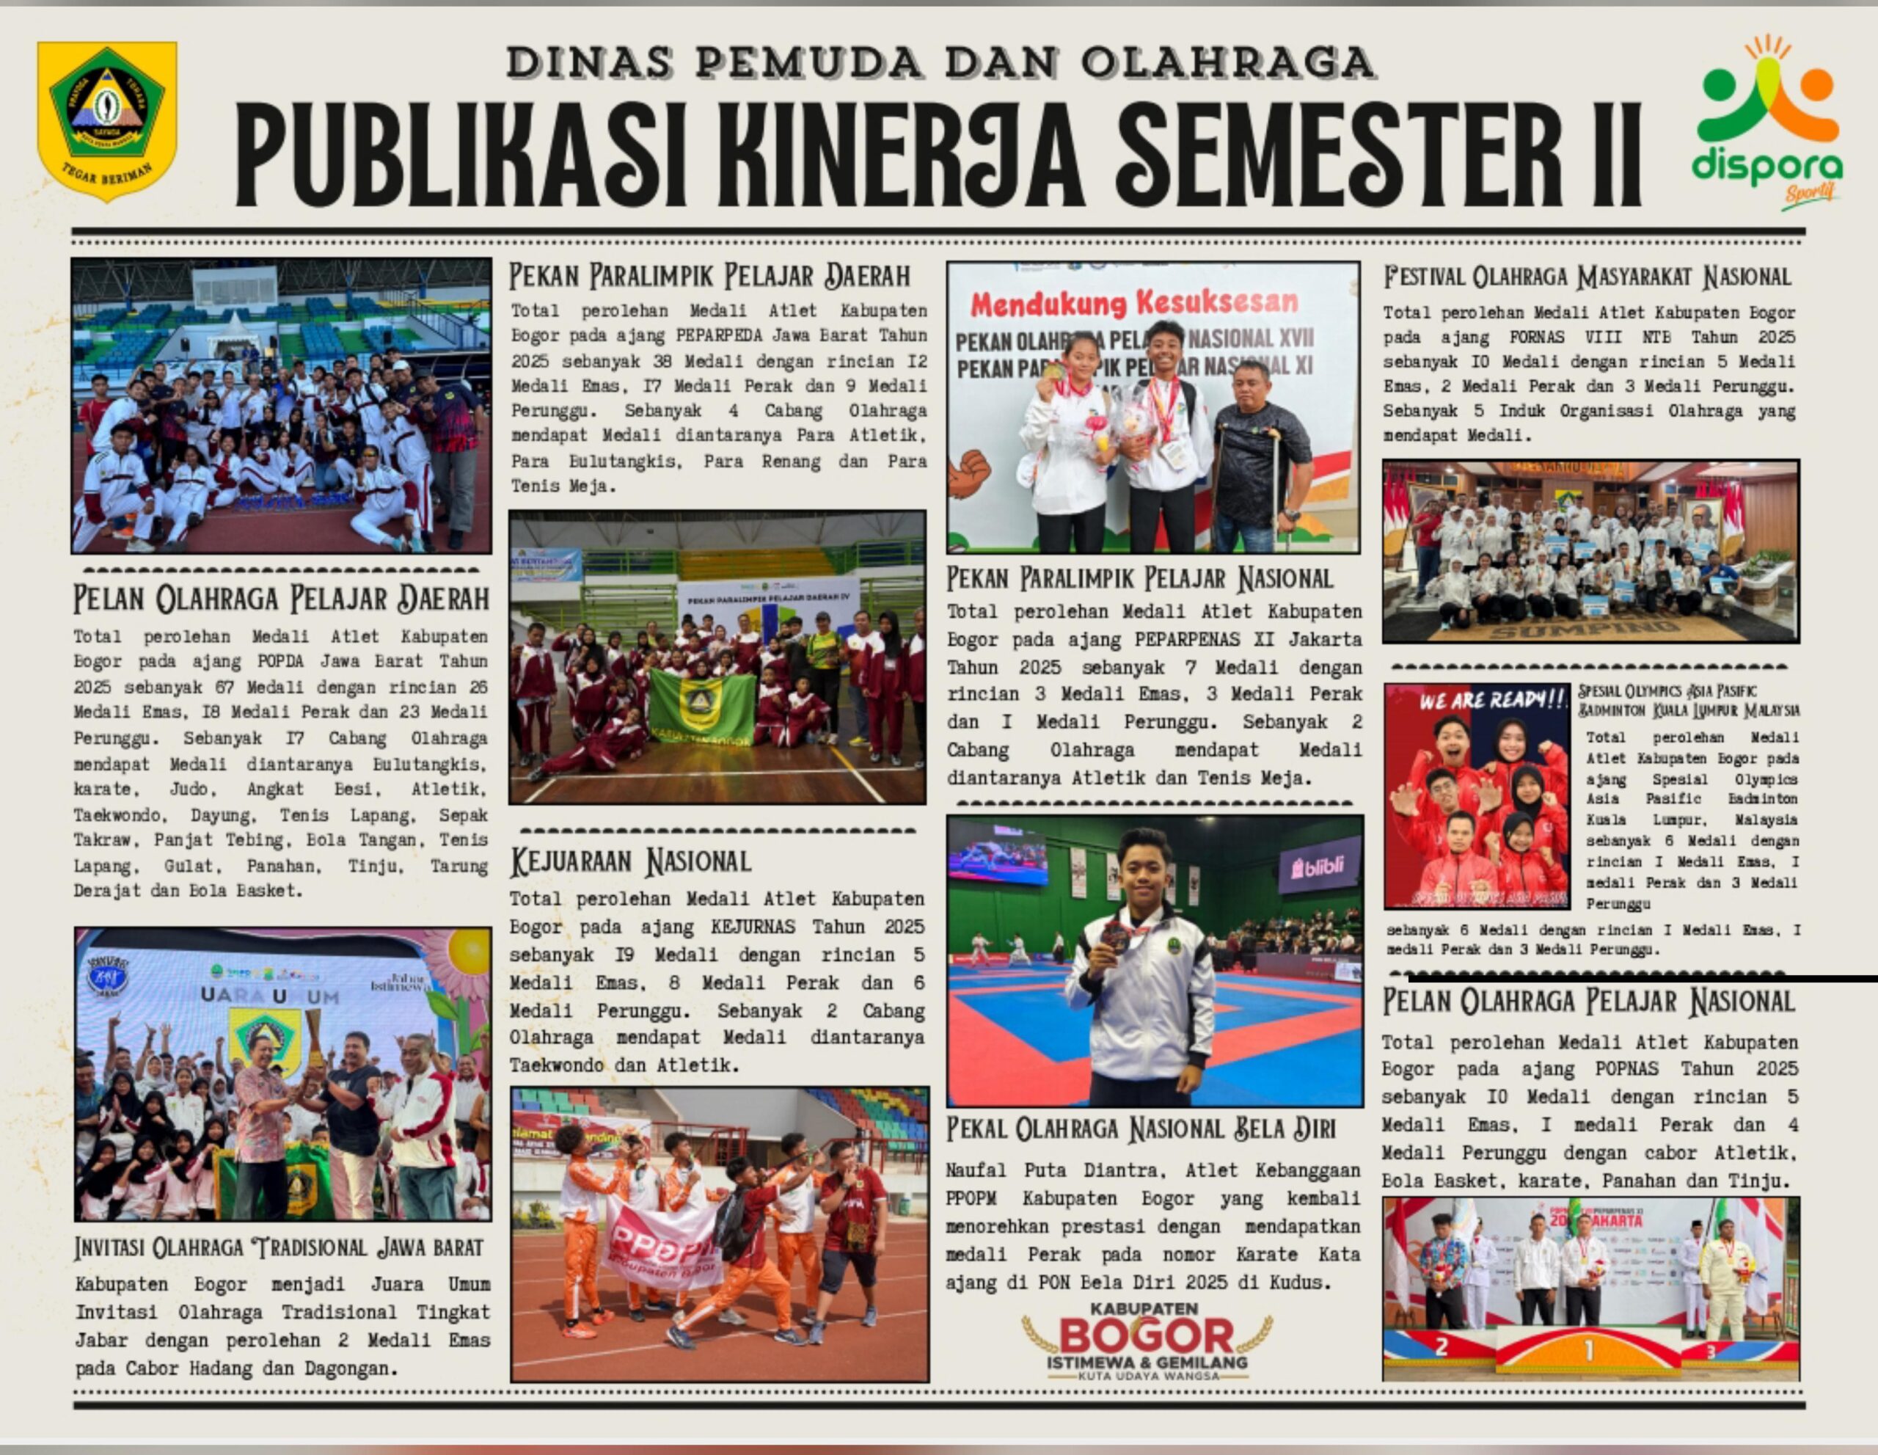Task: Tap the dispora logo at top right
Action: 1766,120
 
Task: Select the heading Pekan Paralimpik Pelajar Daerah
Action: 709,276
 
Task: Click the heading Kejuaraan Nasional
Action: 630,861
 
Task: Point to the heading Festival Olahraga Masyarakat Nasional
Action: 1587,277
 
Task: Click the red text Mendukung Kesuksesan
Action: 1134,303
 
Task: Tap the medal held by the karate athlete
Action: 1116,936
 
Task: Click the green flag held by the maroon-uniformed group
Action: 701,707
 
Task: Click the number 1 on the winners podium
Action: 1588,1349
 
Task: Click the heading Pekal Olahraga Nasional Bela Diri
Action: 1140,1129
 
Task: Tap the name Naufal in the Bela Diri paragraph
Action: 975,1170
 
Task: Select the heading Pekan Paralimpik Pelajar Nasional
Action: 1139,579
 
